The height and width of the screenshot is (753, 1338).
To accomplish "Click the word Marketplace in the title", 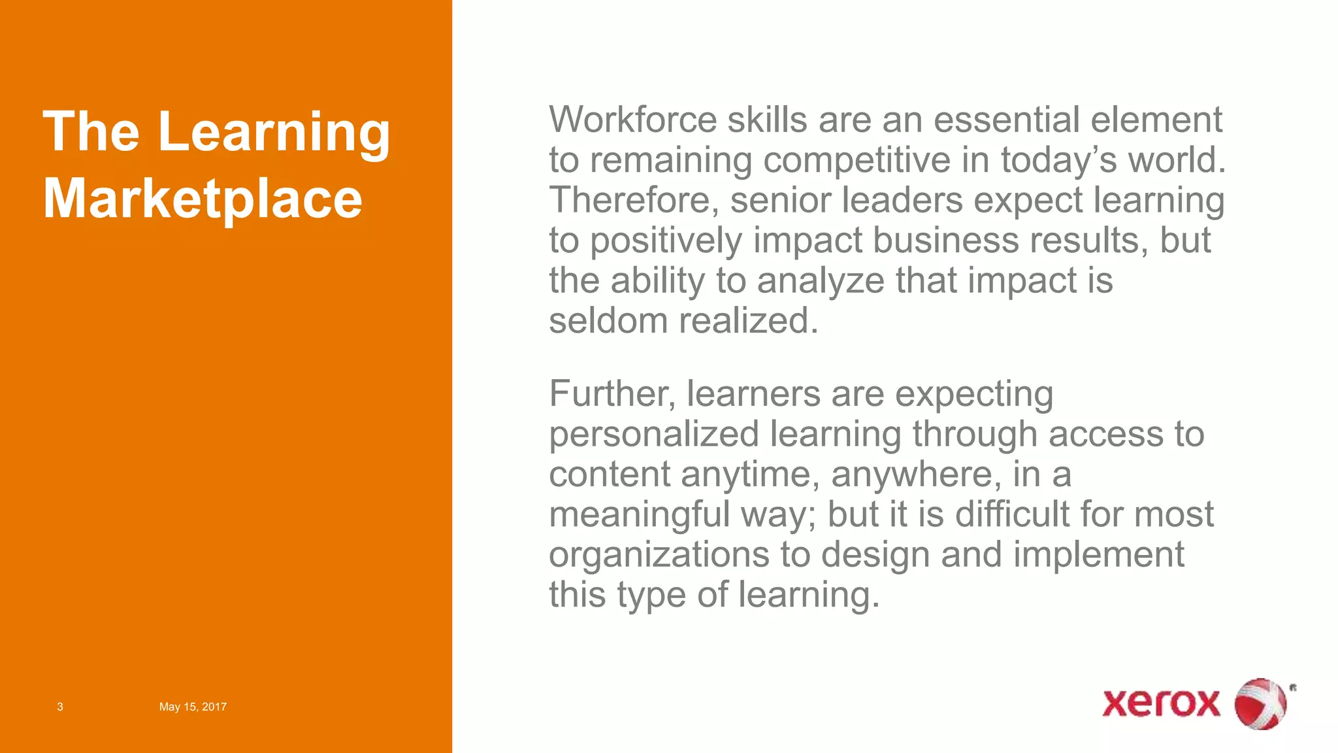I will [203, 199].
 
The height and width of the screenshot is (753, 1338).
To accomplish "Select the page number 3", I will [60, 707].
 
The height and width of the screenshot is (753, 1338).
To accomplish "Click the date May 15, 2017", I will [193, 707].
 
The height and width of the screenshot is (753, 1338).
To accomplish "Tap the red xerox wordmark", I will [1161, 704].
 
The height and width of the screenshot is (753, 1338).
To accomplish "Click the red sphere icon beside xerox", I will [1260, 704].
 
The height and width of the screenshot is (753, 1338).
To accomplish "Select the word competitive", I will [857, 160].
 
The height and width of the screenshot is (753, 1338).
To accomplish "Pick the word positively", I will [666, 241].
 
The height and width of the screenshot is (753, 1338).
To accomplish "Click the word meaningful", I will [639, 515].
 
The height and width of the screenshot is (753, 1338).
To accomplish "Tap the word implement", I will [1098, 555].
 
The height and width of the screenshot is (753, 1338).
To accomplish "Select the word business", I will [945, 241].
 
